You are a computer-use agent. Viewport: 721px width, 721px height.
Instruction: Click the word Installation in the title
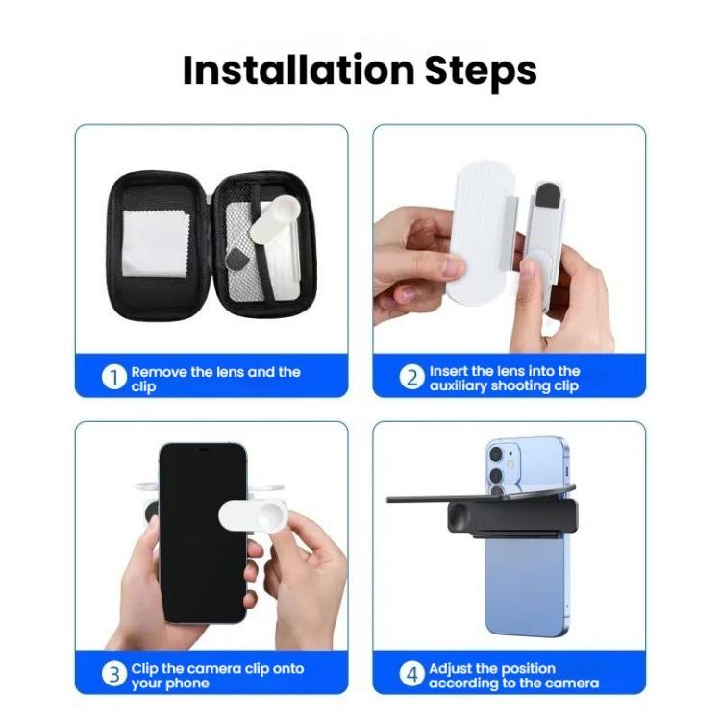point(288,70)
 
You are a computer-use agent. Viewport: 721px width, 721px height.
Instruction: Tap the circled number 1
point(114,378)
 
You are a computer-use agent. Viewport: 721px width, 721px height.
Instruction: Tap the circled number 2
point(411,378)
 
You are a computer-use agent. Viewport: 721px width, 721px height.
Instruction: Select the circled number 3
point(114,675)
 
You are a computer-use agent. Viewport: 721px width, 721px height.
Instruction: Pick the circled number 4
point(411,675)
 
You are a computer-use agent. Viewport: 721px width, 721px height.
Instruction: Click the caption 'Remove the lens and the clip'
point(215,379)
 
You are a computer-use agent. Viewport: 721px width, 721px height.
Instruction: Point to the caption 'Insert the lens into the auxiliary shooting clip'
point(505,378)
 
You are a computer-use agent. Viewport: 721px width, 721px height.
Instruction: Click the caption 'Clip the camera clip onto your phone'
point(217,675)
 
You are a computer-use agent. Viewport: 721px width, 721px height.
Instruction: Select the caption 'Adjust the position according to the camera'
point(513,675)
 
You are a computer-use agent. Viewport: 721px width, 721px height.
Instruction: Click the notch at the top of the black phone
point(202,449)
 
